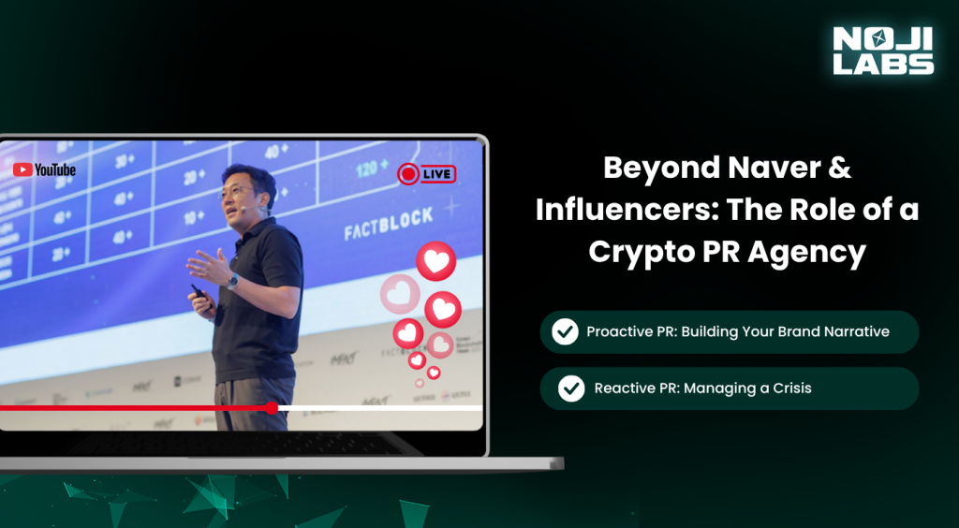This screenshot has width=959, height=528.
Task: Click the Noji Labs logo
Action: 883,51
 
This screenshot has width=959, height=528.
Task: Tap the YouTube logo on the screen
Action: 44,169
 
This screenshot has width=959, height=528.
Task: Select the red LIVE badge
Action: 426,173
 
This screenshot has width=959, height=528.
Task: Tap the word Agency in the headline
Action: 812,253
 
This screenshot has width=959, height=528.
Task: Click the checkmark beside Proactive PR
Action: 565,331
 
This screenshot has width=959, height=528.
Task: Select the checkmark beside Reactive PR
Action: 571,388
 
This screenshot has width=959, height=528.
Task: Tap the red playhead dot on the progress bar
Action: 272,407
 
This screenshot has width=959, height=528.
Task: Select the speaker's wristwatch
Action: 233,281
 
